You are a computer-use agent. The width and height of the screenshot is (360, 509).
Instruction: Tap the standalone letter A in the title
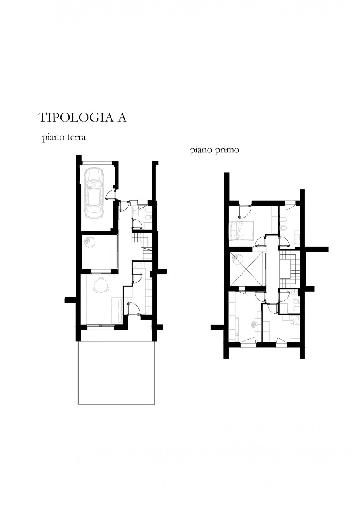(x=122, y=117)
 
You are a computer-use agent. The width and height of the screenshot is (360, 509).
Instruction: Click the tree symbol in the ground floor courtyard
(x=90, y=241)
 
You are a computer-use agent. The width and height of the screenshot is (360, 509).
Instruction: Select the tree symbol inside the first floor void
(x=237, y=259)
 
